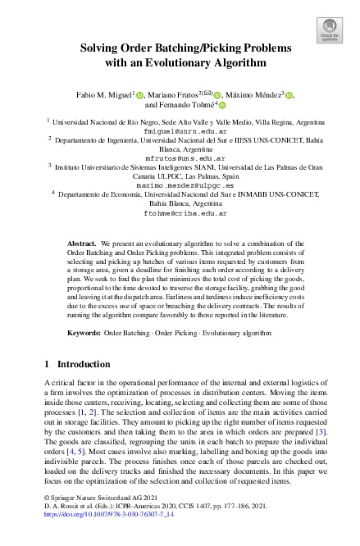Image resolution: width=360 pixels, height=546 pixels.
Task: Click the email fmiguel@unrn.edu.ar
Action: tap(179, 130)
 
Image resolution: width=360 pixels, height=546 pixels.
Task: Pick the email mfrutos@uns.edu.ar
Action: tap(179, 157)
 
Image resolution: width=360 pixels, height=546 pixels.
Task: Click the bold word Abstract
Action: tap(82, 244)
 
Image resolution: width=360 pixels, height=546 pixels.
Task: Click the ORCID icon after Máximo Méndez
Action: tap(289, 96)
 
